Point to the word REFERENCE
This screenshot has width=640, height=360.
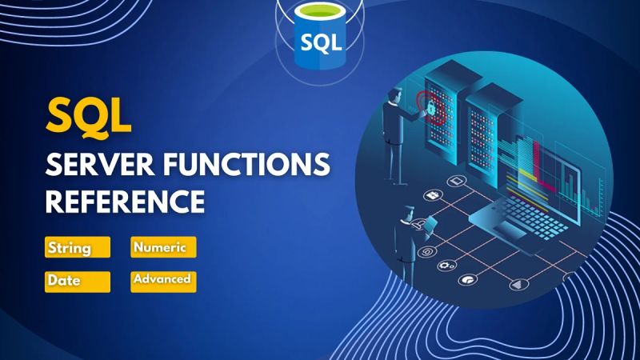point(124,201)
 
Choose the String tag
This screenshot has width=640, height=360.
point(77,247)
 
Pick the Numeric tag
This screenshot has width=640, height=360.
point(162,247)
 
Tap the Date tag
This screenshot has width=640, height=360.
point(77,282)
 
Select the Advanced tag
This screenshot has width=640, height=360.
point(162,280)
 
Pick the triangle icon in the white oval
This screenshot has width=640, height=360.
point(518,282)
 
